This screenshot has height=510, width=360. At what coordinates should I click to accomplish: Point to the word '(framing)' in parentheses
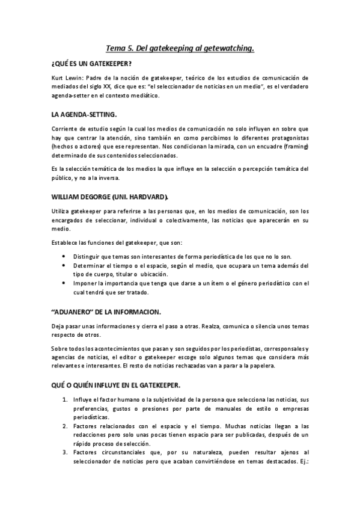293,146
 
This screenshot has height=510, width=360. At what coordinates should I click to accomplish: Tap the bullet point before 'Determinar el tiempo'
65,265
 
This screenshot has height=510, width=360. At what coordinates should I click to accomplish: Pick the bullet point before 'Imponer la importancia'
65,283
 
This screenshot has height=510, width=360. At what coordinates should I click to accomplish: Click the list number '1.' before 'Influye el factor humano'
65,399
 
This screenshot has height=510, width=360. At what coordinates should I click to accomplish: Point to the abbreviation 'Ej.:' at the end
302,460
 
